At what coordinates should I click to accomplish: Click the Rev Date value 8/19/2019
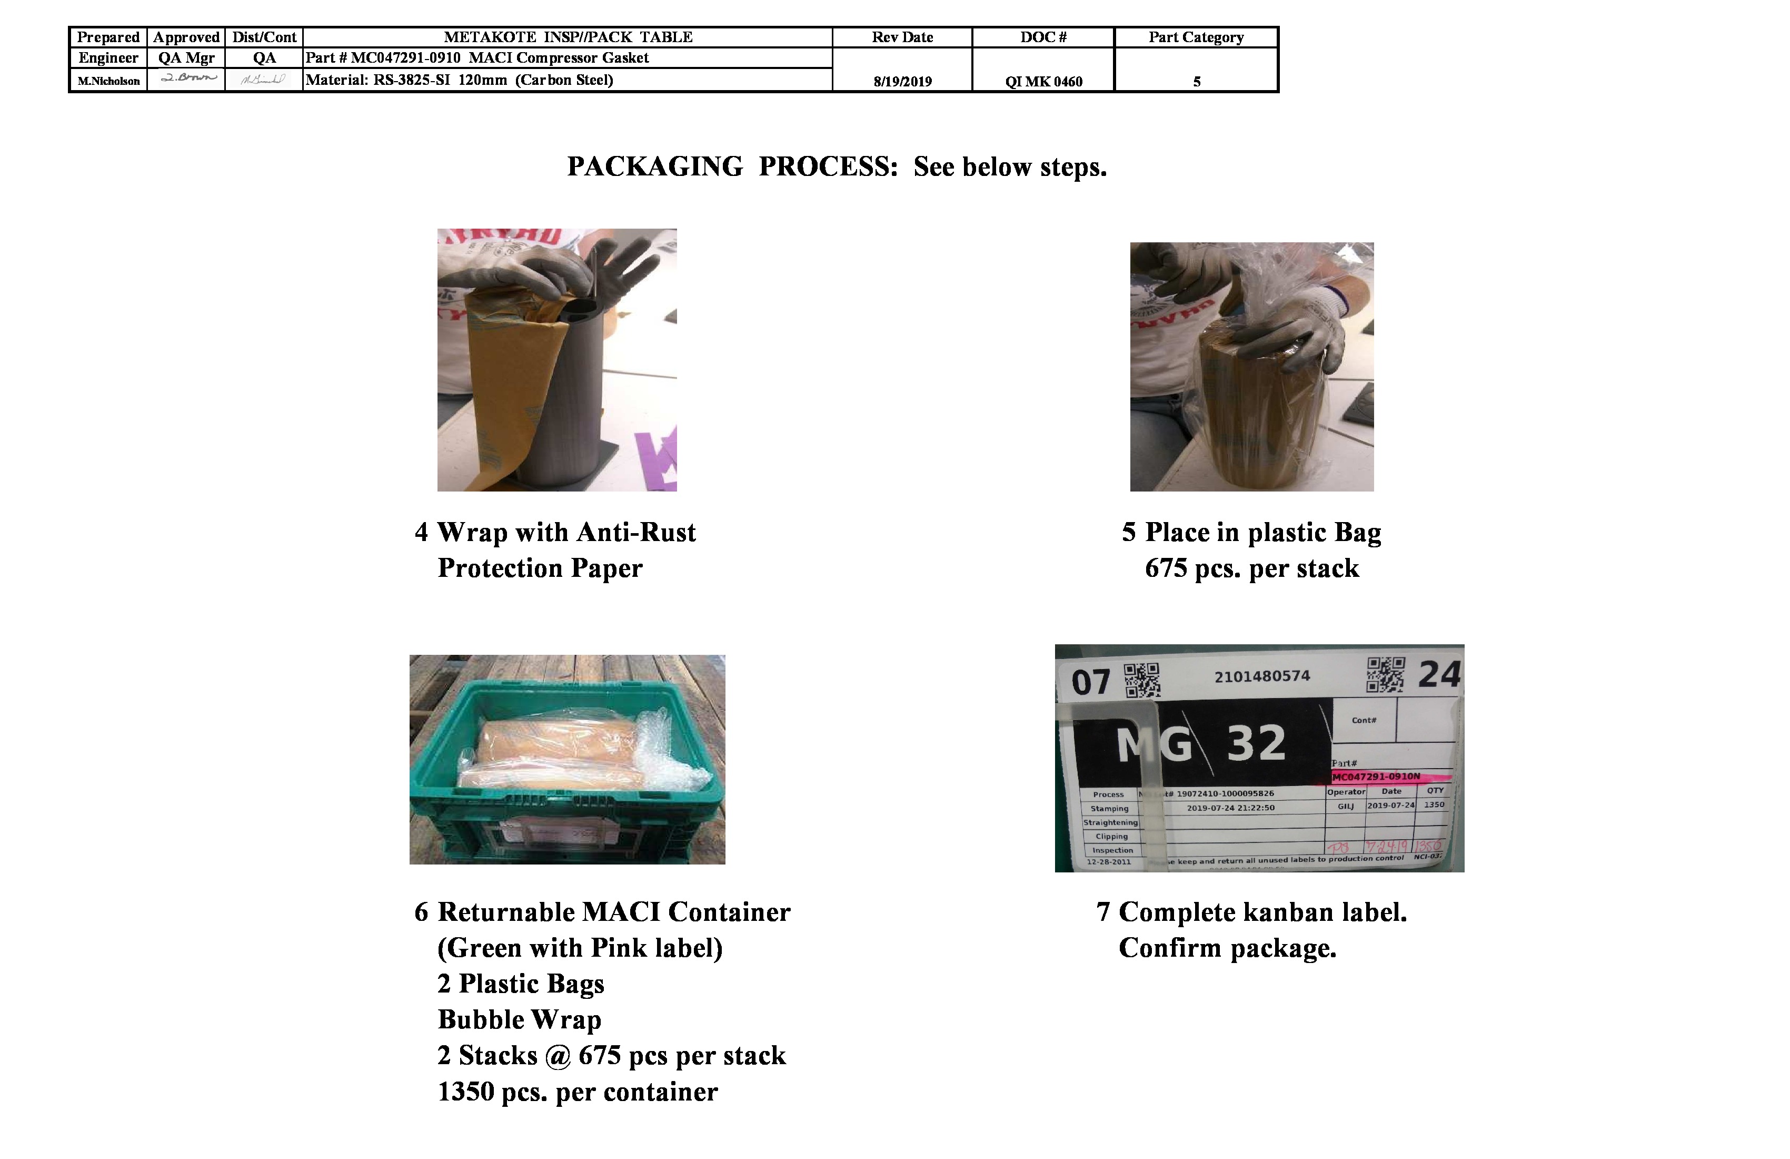coord(902,81)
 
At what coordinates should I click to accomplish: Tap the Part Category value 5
coord(1196,81)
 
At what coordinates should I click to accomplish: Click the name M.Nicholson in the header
coord(109,81)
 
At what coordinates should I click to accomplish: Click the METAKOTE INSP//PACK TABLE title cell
coord(568,37)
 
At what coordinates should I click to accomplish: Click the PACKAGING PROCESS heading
coord(837,166)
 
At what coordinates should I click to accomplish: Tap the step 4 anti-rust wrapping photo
coord(556,360)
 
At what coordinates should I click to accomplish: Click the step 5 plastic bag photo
coord(1251,367)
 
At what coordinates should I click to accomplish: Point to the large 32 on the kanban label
coord(1256,743)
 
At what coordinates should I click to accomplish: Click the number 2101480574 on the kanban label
coord(1261,676)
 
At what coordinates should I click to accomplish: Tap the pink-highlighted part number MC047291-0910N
coord(1376,776)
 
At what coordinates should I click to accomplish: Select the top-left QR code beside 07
coord(1142,680)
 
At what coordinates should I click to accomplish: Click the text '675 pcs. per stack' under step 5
coord(1251,568)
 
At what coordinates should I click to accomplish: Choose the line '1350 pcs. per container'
coord(578,1091)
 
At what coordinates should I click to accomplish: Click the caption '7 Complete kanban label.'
coord(1251,912)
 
